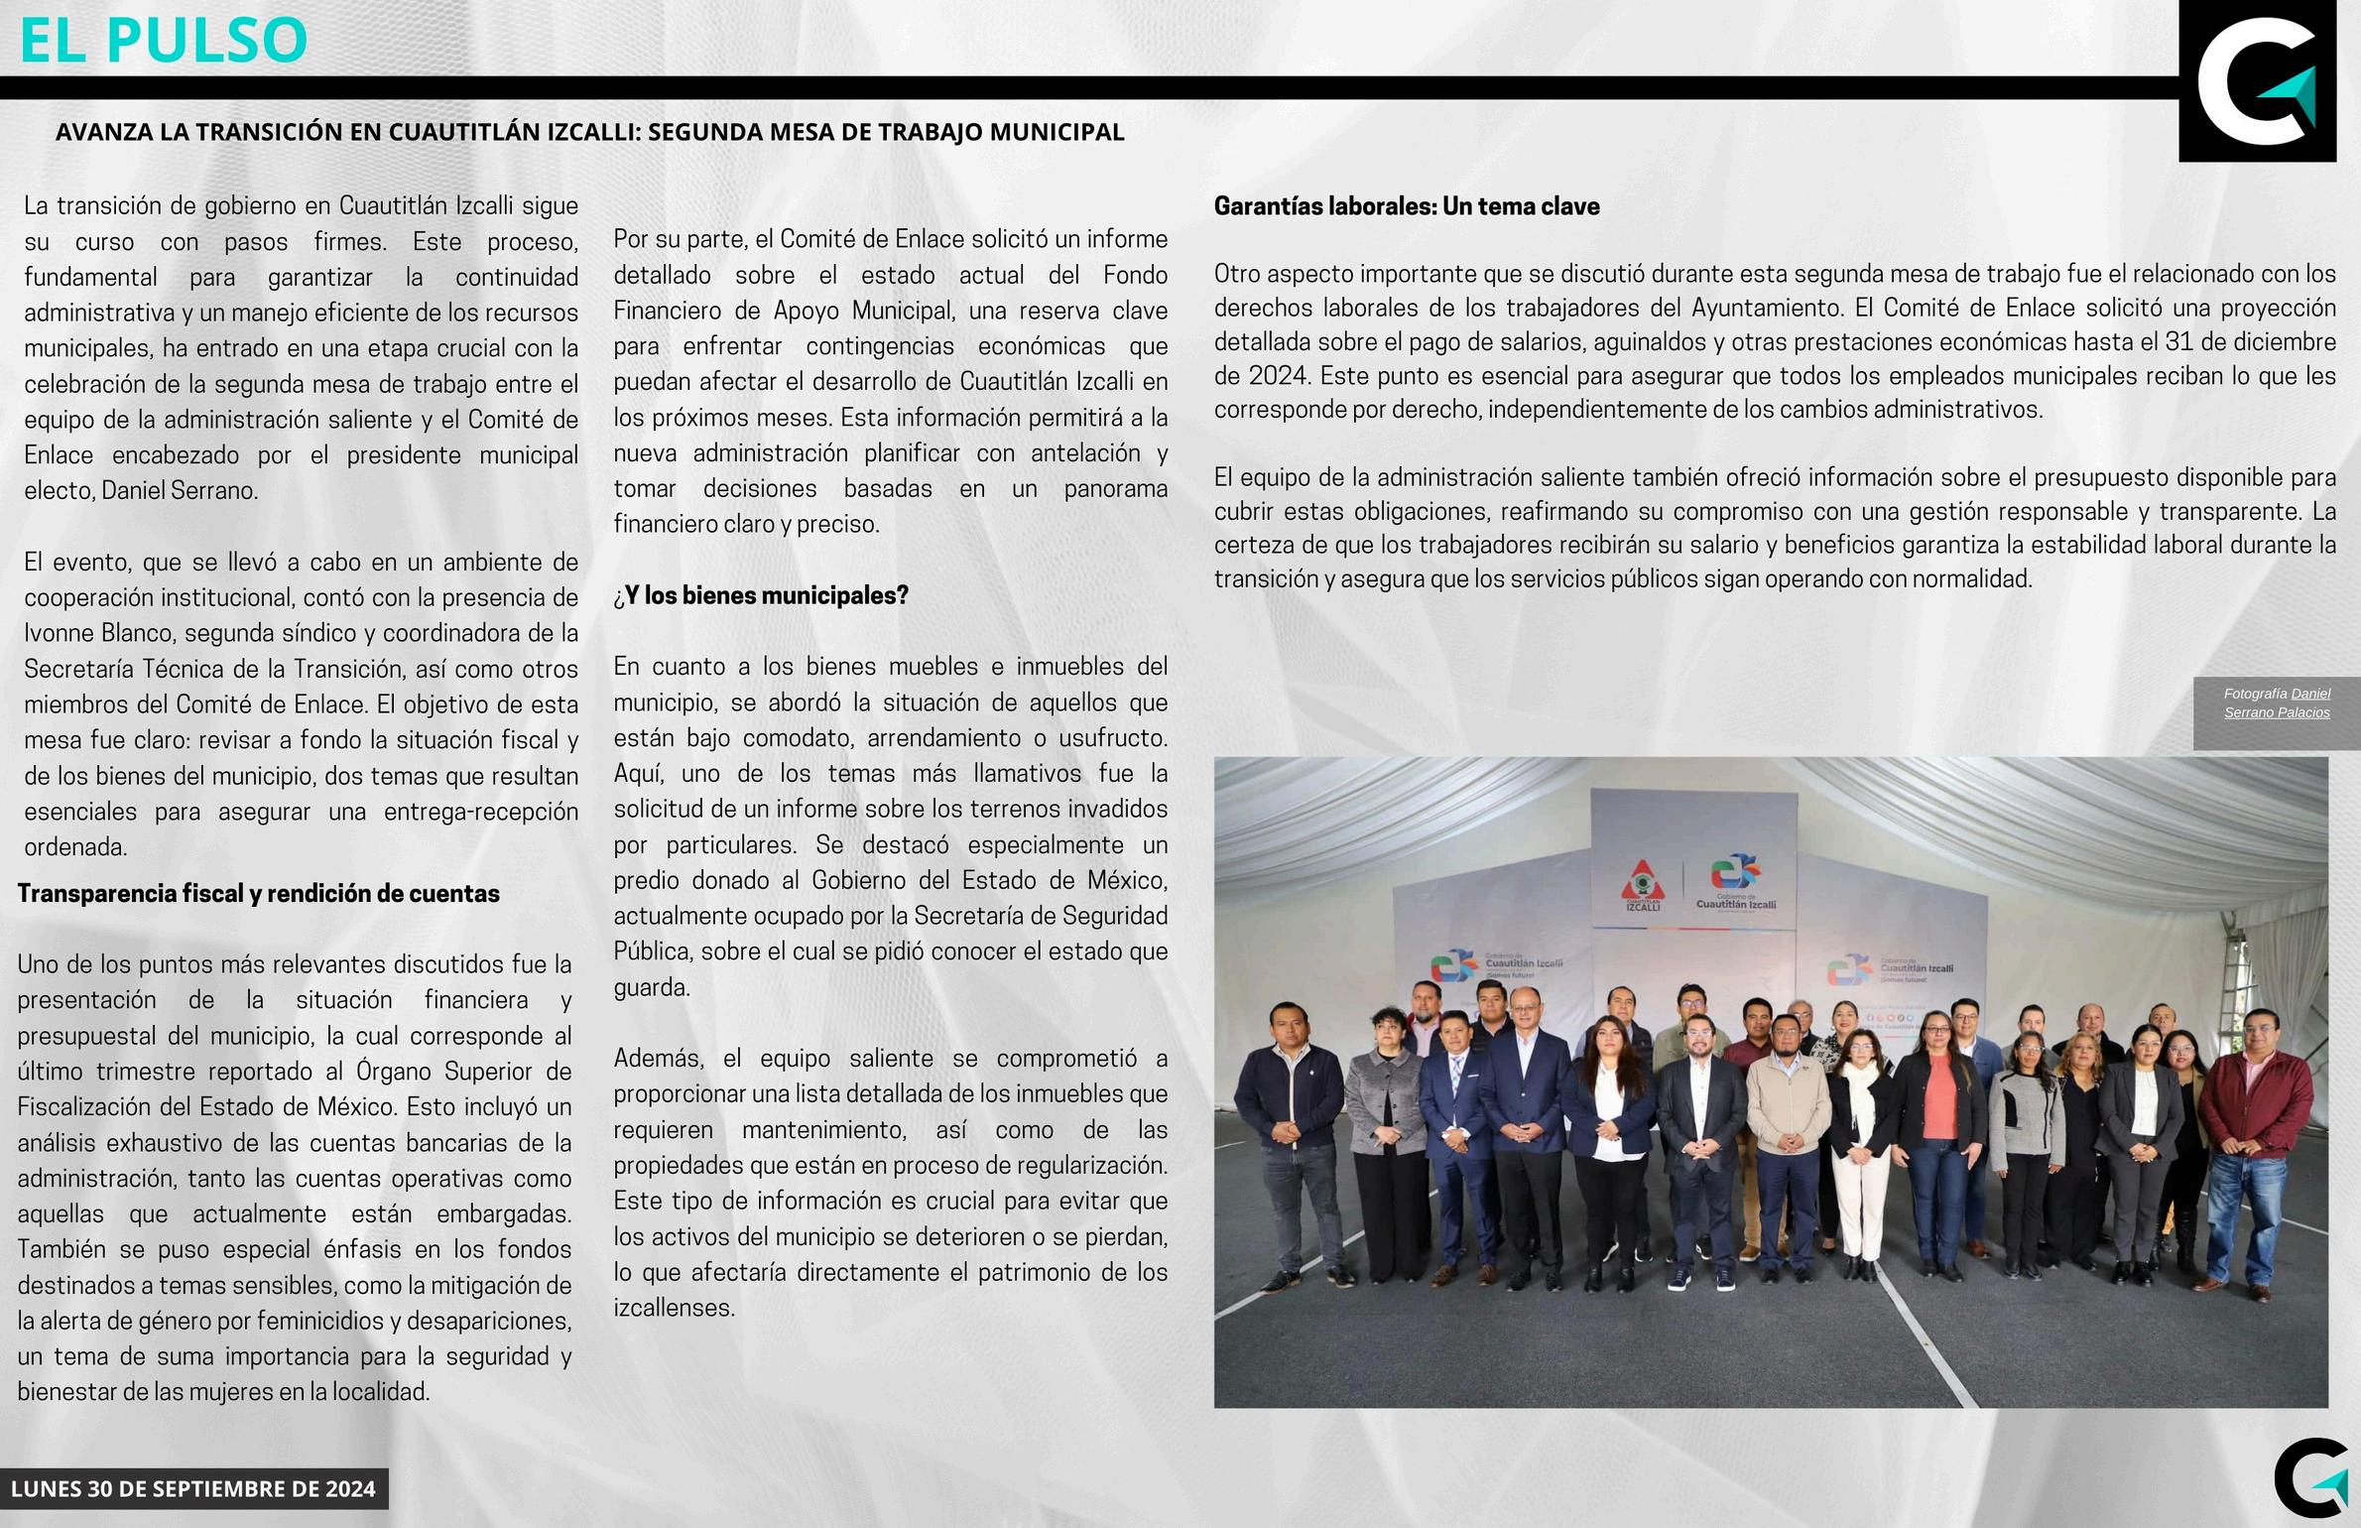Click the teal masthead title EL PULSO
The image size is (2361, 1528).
tap(164, 40)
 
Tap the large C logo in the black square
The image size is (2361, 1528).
tap(2257, 81)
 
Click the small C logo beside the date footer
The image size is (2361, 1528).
tap(2314, 1477)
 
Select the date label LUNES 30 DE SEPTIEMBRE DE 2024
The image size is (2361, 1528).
tap(193, 1488)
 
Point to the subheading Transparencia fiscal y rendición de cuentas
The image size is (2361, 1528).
tap(258, 893)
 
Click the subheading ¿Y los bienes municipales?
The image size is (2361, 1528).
tap(761, 595)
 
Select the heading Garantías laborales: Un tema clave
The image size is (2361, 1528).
tap(1407, 206)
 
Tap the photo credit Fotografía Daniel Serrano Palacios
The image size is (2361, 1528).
tap(2277, 702)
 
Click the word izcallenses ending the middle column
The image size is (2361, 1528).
tap(673, 1308)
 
